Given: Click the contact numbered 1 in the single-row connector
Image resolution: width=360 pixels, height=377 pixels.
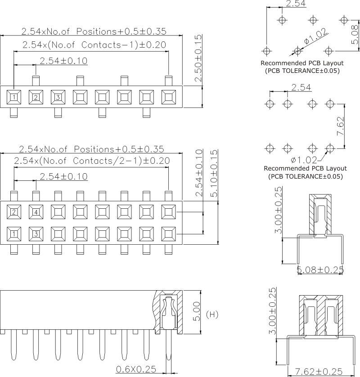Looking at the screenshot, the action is coord(14,97).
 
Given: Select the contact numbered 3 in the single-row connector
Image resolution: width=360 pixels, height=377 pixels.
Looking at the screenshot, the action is coord(58,97).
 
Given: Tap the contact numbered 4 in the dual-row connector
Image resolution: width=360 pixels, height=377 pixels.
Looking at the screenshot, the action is coord(36,212).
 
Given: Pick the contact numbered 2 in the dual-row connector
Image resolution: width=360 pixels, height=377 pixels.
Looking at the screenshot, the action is coord(14,212).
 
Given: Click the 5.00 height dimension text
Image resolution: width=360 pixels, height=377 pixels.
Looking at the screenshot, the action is coord(197,311).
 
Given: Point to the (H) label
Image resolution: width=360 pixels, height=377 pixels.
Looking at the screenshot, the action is coord(212,314).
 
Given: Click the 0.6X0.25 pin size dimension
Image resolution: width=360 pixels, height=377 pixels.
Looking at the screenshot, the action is coord(136,369).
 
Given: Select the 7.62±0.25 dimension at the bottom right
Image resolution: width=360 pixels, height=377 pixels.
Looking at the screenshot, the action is coord(319,372).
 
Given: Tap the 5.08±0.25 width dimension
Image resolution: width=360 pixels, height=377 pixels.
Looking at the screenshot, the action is coord(320,270).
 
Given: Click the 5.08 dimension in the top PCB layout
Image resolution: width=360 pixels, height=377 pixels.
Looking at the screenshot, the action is coord(355,35).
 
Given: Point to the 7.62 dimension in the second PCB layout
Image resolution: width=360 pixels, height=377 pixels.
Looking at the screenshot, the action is coord(341,126).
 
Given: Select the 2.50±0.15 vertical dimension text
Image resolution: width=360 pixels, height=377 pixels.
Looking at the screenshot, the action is coord(198,58).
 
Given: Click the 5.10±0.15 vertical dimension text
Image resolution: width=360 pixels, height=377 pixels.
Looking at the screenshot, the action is coord(214,173).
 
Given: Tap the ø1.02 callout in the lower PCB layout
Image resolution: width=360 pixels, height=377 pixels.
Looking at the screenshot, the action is coord(304,160).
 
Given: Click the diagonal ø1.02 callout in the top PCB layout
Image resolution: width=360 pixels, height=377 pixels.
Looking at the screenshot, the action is coord(315,36).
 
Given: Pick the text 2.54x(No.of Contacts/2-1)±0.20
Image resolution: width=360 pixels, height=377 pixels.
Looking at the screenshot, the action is coord(92,160).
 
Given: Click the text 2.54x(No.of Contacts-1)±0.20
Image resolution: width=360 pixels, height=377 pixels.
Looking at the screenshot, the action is coord(94,45).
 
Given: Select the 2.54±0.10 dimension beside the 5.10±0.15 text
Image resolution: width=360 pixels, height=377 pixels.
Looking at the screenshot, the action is coord(199,173).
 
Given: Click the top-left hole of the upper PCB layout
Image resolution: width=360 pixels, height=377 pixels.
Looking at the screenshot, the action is coord(282,20).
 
